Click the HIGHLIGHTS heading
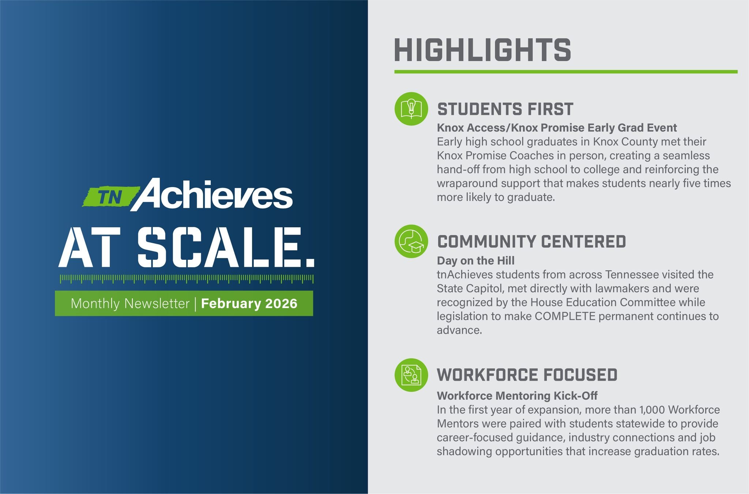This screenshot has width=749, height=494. pyautogui.click(x=482, y=50)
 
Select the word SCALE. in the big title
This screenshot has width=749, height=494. pyautogui.click(x=226, y=248)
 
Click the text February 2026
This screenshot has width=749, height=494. pyautogui.click(x=249, y=303)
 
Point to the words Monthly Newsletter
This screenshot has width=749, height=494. pyautogui.click(x=130, y=303)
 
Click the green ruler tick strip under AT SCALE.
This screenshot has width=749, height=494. pyautogui.click(x=187, y=279)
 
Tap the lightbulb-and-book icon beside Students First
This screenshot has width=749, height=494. pyautogui.click(x=411, y=109)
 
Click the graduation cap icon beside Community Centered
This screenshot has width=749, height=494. pyautogui.click(x=411, y=242)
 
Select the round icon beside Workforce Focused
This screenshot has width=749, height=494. pyautogui.click(x=411, y=375)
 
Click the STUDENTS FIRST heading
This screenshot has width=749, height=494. pyautogui.click(x=505, y=109)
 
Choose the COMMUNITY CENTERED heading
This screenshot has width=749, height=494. pyautogui.click(x=531, y=242)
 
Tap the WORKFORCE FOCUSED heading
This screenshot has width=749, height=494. pyautogui.click(x=527, y=375)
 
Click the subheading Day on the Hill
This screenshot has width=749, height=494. pyautogui.click(x=475, y=261)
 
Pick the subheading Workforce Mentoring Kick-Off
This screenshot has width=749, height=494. pyautogui.click(x=517, y=396)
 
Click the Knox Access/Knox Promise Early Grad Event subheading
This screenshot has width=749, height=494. pyautogui.click(x=557, y=128)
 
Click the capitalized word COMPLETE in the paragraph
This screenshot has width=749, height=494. pyautogui.click(x=565, y=316)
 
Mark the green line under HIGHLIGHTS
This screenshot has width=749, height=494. pyautogui.click(x=565, y=72)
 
